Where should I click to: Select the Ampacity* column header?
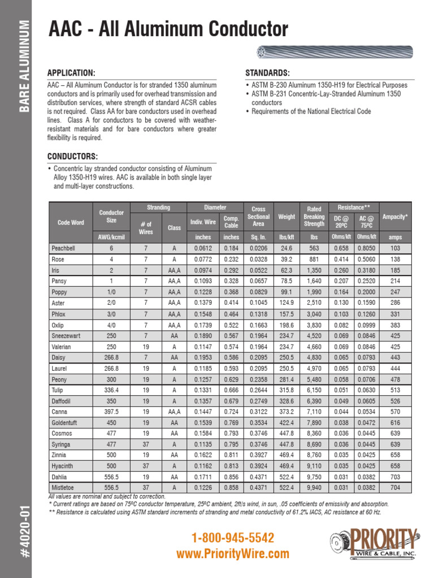[x=395, y=217]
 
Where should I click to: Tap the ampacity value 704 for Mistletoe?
[x=395, y=487]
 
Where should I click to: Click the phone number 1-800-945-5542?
[x=233, y=538]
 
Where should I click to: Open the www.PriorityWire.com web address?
[x=233, y=554]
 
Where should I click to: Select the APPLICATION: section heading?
[x=71, y=74]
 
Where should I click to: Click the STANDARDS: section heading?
[x=267, y=74]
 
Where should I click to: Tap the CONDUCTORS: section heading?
[x=72, y=156]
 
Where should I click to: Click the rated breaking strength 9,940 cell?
[x=314, y=487]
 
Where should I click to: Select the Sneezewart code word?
[x=66, y=336]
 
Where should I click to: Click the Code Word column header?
[x=71, y=222]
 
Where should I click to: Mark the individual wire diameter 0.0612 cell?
[x=203, y=248]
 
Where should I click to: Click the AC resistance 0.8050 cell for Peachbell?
[x=367, y=248]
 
